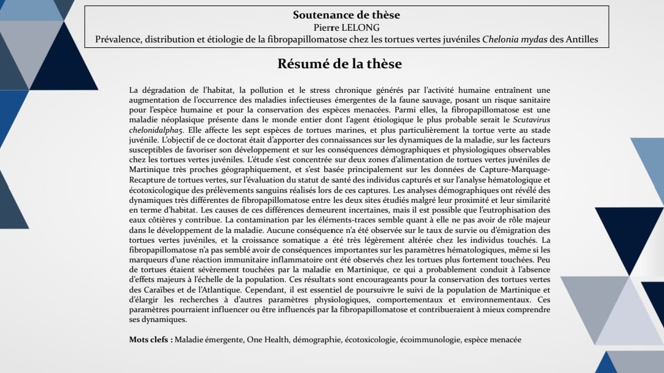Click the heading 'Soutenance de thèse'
(x=346, y=15)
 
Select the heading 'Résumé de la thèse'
(x=339, y=63)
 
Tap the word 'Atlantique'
(x=217, y=289)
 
